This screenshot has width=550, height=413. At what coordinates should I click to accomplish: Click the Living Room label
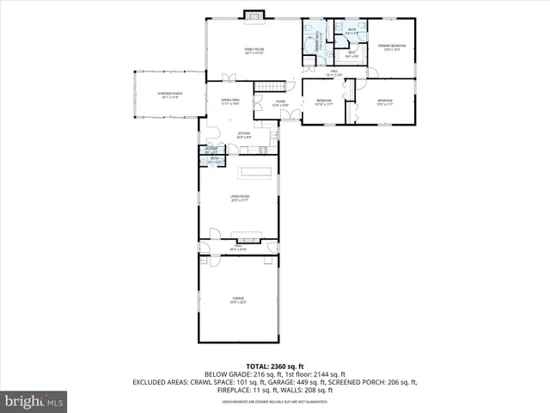[x=239, y=199]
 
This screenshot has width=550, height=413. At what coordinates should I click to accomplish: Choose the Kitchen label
[x=243, y=134]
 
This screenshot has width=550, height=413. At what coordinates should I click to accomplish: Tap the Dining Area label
[x=229, y=102]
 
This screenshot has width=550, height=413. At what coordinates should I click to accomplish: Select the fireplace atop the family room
[x=252, y=14]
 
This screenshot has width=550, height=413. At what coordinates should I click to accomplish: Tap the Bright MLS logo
[x=34, y=401]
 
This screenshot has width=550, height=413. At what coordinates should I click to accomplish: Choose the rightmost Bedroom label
[x=384, y=103]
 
